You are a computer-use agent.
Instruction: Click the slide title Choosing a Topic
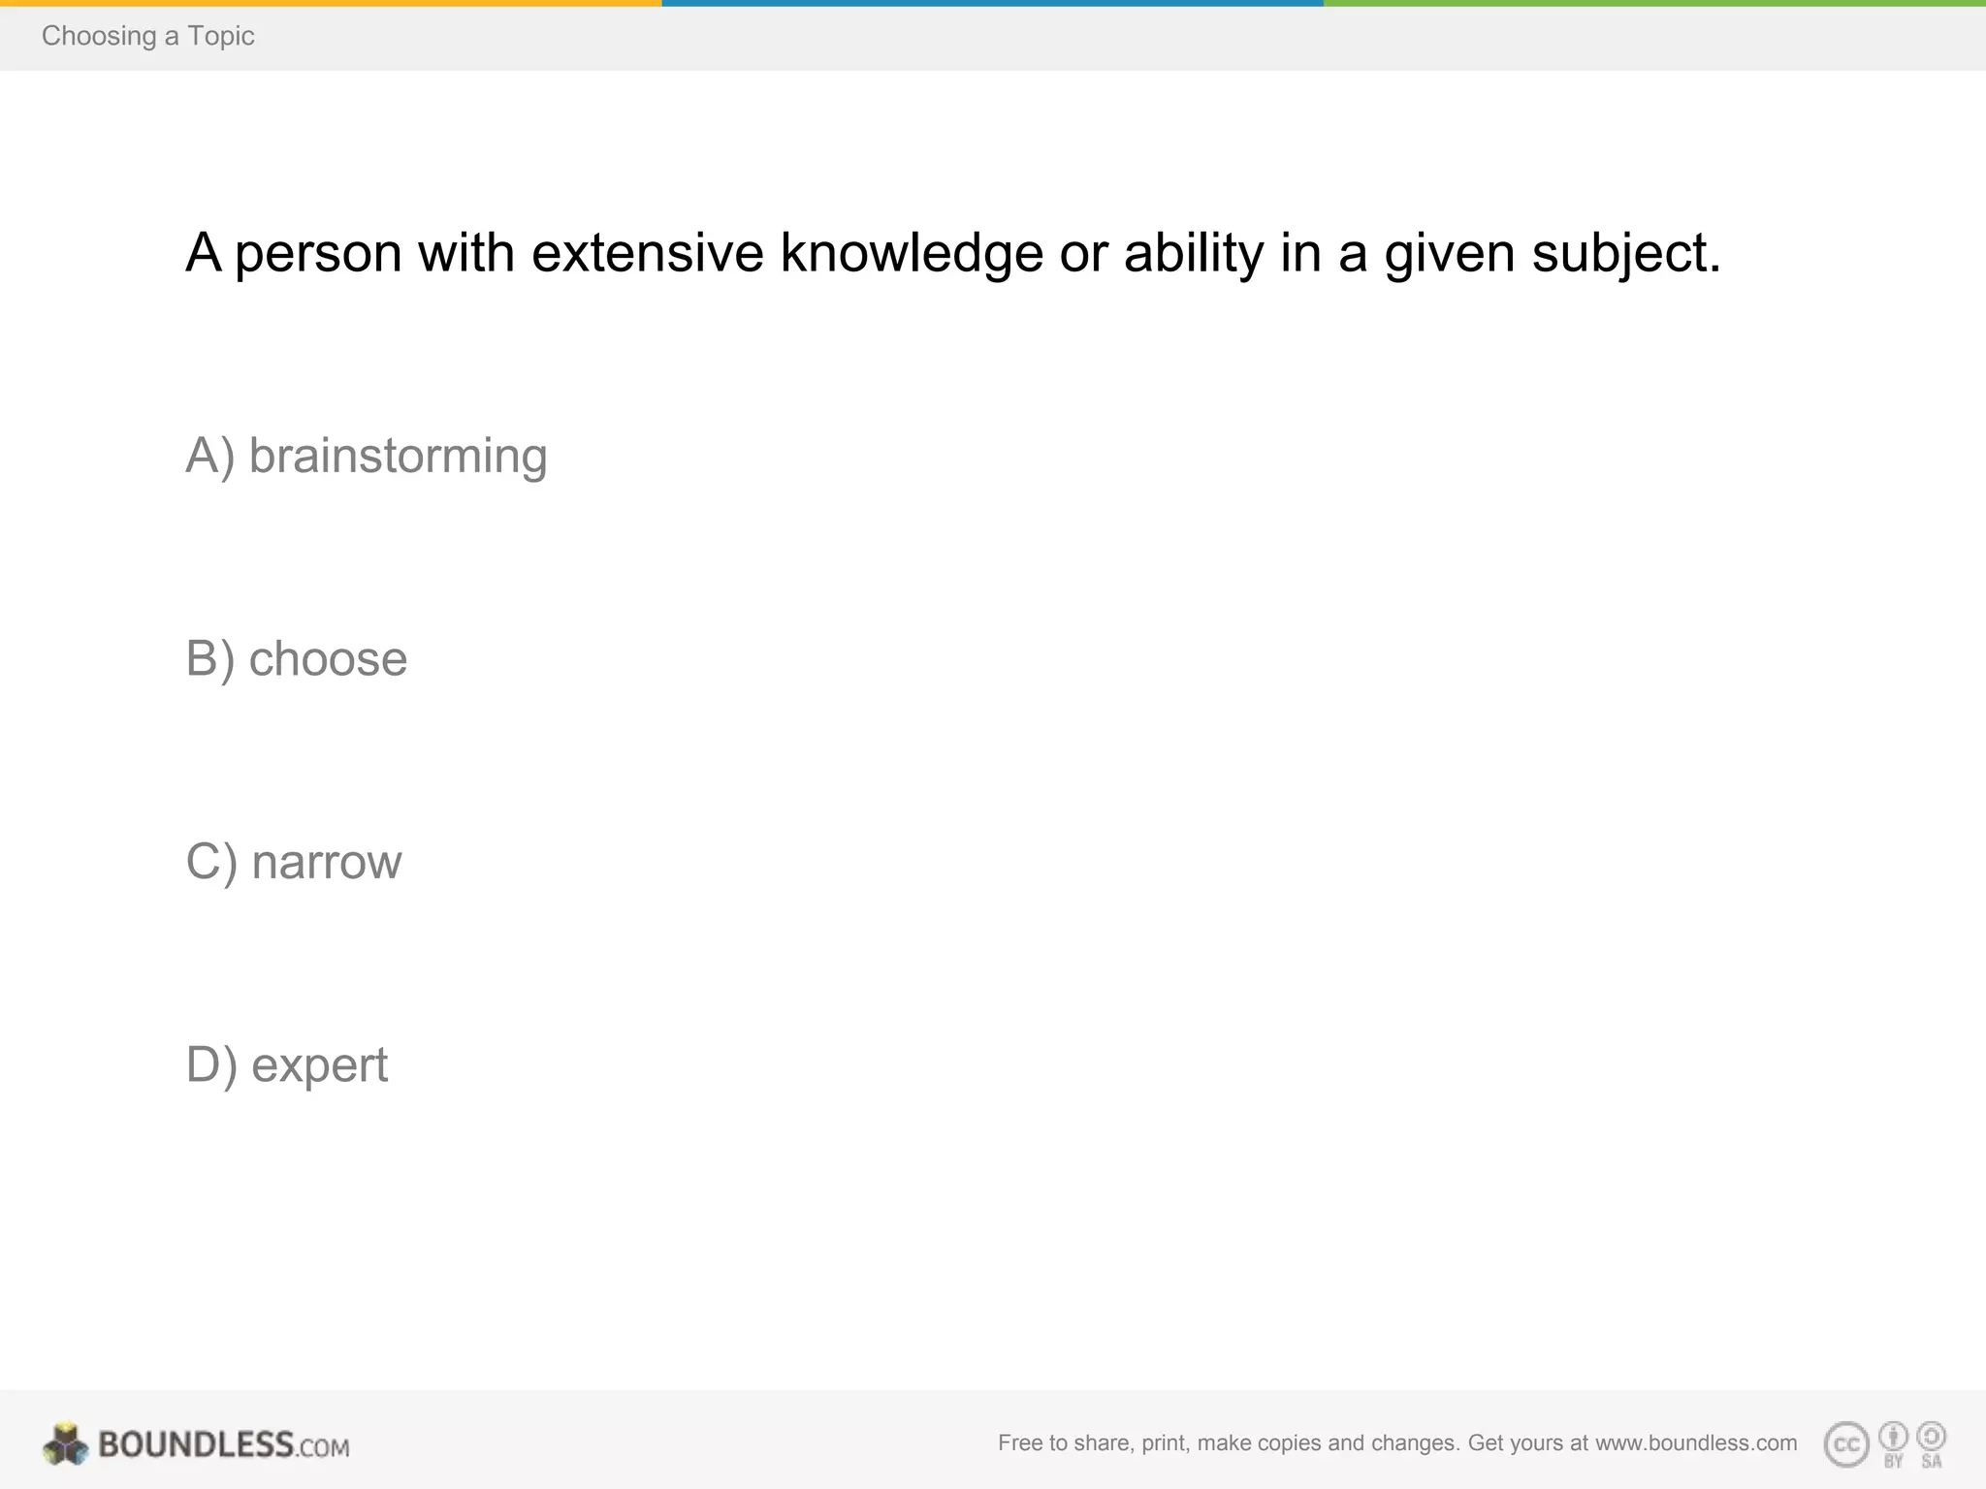pyautogui.click(x=147, y=36)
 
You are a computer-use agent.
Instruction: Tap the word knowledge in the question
pyautogui.click(x=912, y=253)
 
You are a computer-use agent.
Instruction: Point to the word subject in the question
pyautogui.click(x=1625, y=253)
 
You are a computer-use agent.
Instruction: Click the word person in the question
pyautogui.click(x=318, y=255)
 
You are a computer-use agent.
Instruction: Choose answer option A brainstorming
pyautogui.click(x=367, y=456)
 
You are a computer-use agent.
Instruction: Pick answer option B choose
pyautogui.click(x=297, y=659)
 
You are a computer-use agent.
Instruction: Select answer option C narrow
pyautogui.click(x=294, y=862)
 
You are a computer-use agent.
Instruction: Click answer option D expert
pyautogui.click(x=287, y=1064)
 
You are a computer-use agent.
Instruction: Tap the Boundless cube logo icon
pyautogui.click(x=65, y=1444)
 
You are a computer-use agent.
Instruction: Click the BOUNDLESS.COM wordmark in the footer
pyautogui.click(x=223, y=1444)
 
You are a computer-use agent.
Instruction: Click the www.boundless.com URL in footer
pyautogui.click(x=1696, y=1442)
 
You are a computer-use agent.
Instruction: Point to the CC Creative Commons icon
pyautogui.click(x=1846, y=1444)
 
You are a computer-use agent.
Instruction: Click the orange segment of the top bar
pyautogui.click(x=330, y=3)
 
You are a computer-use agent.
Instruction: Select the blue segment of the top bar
pyautogui.click(x=992, y=3)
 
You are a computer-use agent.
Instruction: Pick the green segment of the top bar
pyautogui.click(x=1654, y=3)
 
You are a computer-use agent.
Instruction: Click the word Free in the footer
pyautogui.click(x=1019, y=1442)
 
